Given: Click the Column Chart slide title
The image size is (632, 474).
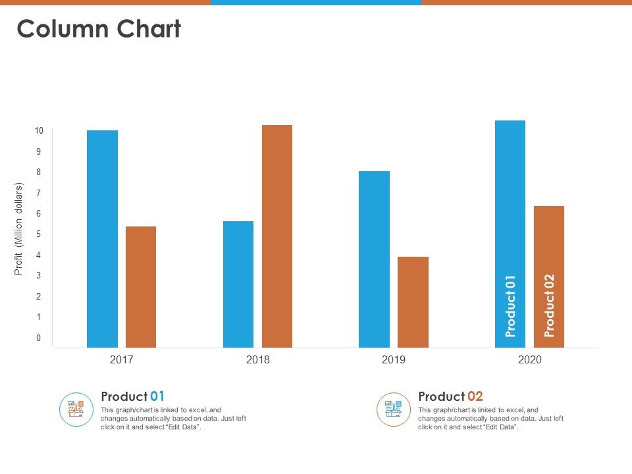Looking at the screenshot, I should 99,29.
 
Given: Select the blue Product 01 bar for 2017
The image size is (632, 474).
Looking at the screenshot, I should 102,238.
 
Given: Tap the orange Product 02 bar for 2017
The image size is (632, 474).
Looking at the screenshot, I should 141,286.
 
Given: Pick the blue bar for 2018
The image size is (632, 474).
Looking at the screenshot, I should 238,284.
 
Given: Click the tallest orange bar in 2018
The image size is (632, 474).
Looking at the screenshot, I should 277,236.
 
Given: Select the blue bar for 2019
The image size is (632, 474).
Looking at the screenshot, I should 374,259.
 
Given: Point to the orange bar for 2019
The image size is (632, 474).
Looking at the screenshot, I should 413,302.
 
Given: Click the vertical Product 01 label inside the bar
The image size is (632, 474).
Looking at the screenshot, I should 510,306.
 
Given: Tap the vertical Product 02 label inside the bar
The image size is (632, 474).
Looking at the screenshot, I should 549,305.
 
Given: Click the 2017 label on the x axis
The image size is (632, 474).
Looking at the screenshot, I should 122,360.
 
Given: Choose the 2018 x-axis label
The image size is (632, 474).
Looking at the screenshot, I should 257,360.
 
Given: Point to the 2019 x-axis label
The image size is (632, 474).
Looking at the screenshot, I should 394,360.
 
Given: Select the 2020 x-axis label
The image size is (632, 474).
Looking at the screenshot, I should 529,360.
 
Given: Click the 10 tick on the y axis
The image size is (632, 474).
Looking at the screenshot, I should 39,131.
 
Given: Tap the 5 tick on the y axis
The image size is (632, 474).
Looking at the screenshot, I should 39,234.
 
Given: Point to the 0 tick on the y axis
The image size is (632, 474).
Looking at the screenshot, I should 39,338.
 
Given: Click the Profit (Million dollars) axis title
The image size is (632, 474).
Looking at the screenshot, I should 19,229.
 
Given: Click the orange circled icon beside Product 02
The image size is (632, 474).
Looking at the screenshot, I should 394,409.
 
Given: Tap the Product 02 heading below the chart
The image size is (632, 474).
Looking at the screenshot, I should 450,396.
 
